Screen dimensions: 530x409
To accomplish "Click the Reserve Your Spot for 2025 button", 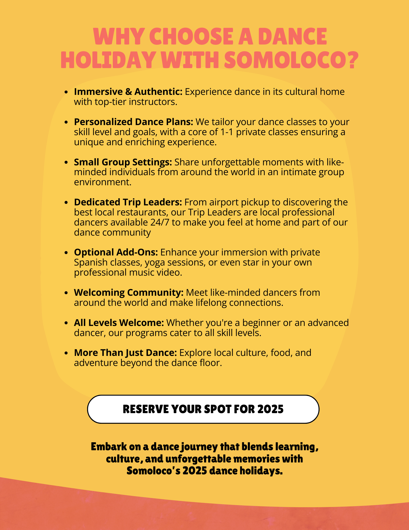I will [203, 409].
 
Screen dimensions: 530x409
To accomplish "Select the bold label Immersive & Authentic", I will [128, 92].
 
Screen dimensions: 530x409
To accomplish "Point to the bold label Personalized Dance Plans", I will [133, 122].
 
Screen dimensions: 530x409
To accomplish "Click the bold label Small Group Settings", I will [123, 162].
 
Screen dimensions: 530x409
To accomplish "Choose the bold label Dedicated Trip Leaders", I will [128, 202].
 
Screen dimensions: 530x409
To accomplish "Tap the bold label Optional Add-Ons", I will [116, 252].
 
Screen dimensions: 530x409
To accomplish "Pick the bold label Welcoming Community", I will [129, 293].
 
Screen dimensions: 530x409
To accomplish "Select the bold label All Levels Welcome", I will [119, 323].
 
